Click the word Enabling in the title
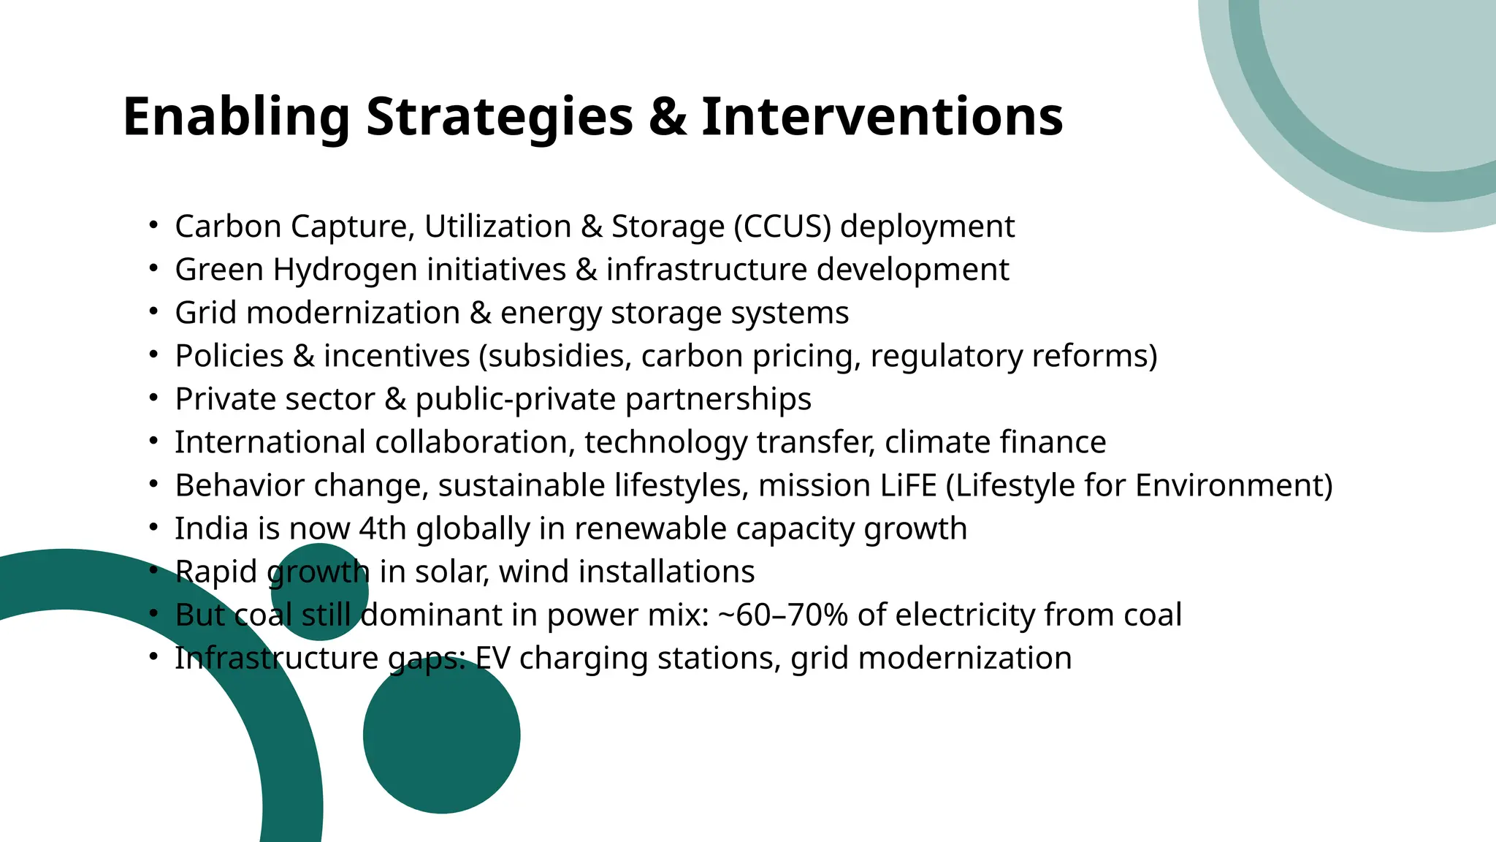(x=236, y=117)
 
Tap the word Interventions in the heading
(x=882, y=117)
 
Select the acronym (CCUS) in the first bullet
(x=782, y=227)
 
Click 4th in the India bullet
(x=382, y=528)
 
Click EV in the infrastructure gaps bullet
(x=493, y=658)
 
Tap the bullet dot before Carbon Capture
(x=153, y=225)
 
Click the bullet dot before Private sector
(x=153, y=398)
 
